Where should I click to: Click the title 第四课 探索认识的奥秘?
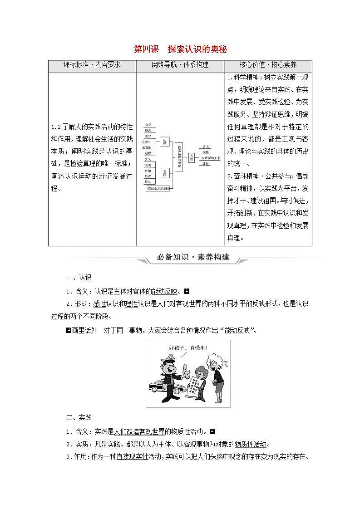coord(180,49)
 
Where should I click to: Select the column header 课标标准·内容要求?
coord(92,65)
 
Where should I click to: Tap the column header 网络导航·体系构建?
coord(180,65)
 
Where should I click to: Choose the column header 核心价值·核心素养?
coord(268,65)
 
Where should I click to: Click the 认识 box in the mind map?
coord(165,143)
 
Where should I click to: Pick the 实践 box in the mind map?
coord(165,173)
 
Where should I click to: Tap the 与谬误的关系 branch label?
coord(211,158)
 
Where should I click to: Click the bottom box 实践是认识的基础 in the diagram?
coord(157,189)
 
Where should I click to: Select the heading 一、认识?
coord(79,278)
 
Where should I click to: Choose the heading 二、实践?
coord(79,417)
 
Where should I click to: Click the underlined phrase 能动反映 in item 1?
coord(168,291)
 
